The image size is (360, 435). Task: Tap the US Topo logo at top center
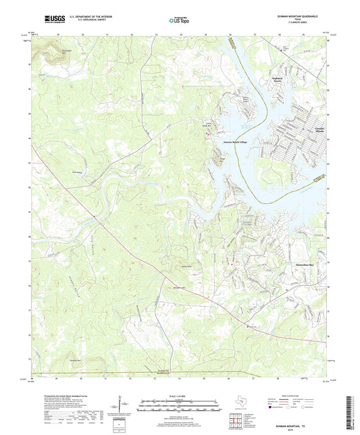[x=177, y=21]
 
